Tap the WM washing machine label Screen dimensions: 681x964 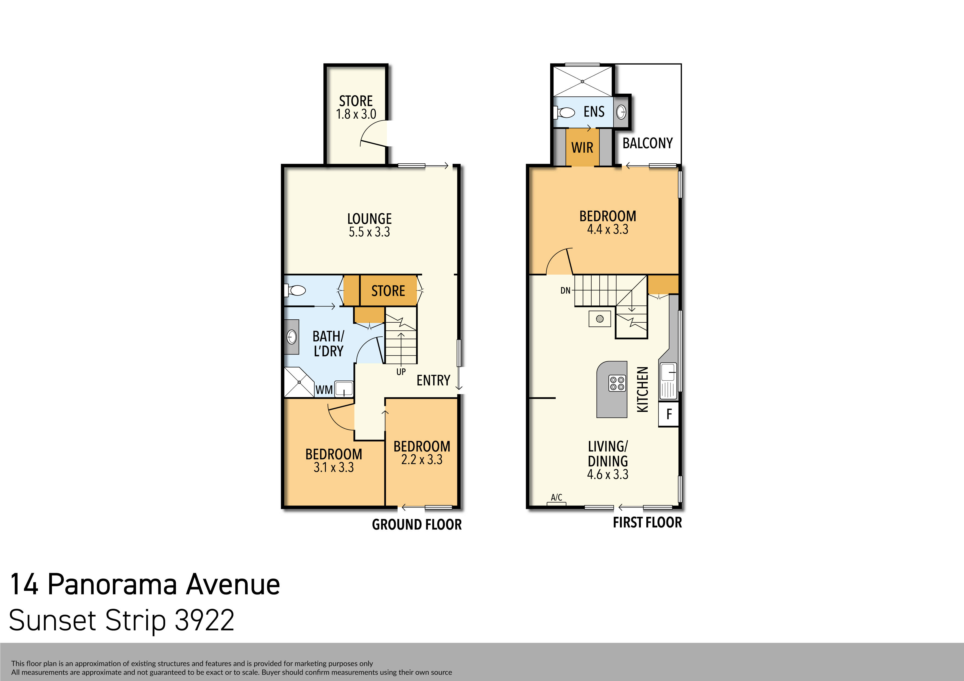[324, 390]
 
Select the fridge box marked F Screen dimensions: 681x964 [669, 414]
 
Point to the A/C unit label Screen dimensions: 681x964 [556, 497]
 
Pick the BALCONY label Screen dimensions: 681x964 [647, 144]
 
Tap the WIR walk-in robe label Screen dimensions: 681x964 [582, 148]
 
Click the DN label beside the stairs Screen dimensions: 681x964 [565, 290]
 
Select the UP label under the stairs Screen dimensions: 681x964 [401, 372]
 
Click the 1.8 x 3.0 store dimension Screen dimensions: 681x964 [356, 114]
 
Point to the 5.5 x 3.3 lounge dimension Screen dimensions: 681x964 [369, 232]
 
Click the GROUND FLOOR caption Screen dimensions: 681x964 [417, 524]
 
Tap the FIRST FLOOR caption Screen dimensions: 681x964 [647, 522]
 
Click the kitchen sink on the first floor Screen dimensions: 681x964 [668, 373]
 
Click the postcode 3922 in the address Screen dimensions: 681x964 [204, 620]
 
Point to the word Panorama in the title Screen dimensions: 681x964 [112, 584]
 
